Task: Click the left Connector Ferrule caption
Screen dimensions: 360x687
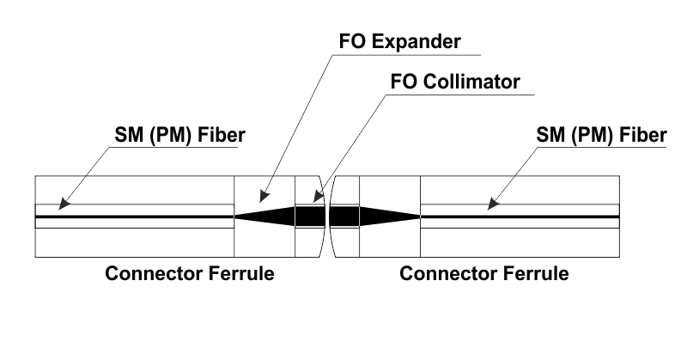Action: click(189, 275)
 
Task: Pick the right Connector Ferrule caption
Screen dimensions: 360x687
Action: click(484, 275)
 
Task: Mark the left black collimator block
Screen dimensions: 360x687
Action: click(309, 217)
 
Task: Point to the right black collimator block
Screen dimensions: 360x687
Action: click(343, 217)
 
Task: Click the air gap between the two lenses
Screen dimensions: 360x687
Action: click(327, 217)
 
